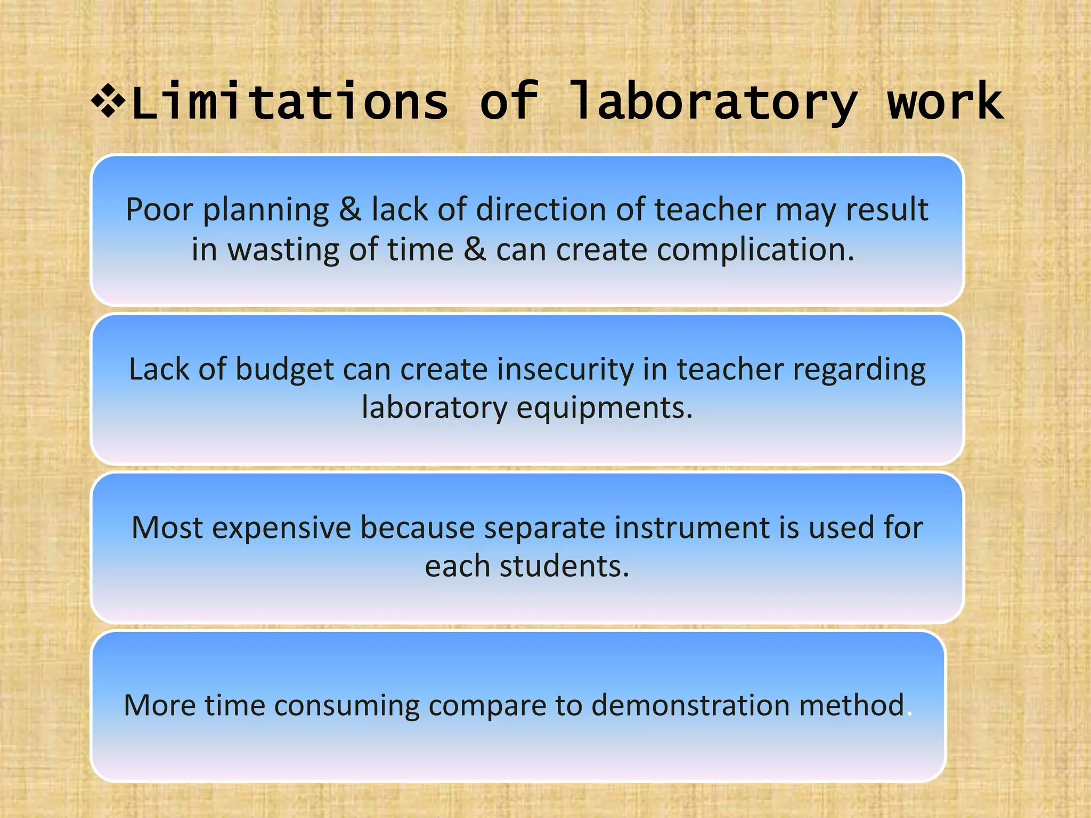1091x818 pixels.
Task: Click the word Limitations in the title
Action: click(x=290, y=102)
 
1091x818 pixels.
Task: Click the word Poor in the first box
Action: click(x=159, y=209)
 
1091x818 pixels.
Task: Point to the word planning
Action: click(x=266, y=210)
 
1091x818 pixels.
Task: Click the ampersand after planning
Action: click(x=350, y=209)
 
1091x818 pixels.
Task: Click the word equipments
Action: click(x=605, y=409)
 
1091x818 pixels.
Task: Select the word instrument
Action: click(x=691, y=528)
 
